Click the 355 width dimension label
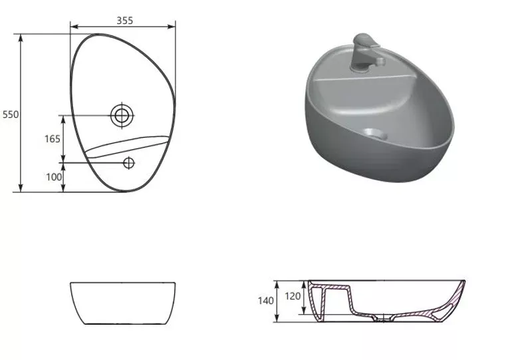tap(125, 21)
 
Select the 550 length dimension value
tap(11, 114)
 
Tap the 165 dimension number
tap(53, 139)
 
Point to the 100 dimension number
tap(54, 177)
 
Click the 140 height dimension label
tap(266, 301)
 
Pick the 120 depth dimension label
tap(293, 296)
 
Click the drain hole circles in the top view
tap(122, 116)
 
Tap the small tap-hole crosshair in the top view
tap(129, 163)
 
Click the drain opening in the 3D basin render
tap(375, 134)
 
